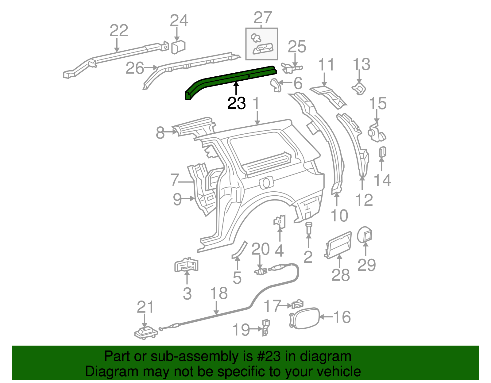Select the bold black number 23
(236, 103)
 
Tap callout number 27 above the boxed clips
(263, 18)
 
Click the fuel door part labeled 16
(304, 318)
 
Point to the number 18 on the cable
(219, 293)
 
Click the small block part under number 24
(178, 47)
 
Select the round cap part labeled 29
(365, 235)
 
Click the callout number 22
(119, 31)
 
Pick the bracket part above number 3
(186, 265)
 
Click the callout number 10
(339, 216)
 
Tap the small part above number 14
(382, 152)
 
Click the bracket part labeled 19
(265, 327)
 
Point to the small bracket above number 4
(280, 221)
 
